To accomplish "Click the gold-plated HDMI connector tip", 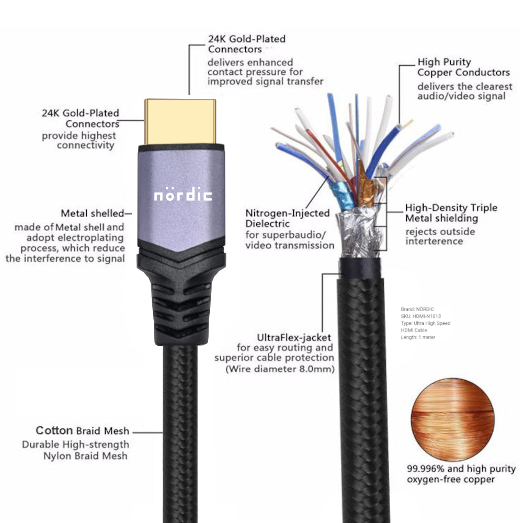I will coord(180,121).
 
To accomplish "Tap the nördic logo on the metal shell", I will coord(183,195).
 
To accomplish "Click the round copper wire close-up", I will coord(452,413).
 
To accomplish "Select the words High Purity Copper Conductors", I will coord(463,67).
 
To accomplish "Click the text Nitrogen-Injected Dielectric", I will coord(288,219).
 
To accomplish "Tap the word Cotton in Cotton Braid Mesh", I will coord(54,431).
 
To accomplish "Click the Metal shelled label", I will coord(93,213).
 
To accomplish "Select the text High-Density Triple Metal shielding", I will coord(451,213).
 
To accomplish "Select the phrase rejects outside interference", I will coord(440,236).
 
